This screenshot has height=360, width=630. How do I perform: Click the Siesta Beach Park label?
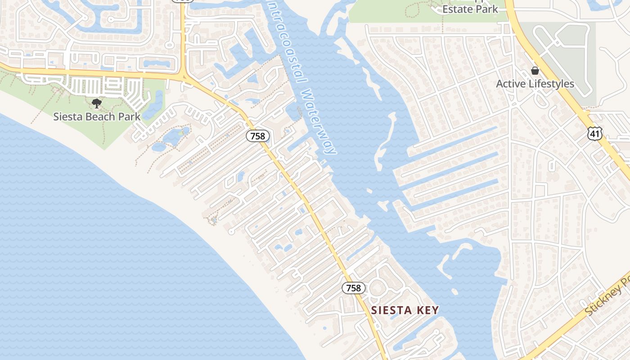(97, 117)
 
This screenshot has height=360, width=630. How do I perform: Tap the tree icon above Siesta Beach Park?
(96, 104)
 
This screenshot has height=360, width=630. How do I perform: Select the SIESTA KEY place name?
(405, 310)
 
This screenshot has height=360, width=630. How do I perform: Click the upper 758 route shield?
(257, 136)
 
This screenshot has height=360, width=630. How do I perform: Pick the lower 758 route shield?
(353, 288)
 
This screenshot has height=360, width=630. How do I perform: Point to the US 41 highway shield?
(594, 133)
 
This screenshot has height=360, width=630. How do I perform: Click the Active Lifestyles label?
(535, 84)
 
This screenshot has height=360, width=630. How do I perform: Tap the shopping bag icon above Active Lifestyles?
(535, 71)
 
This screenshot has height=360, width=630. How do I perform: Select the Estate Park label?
(470, 9)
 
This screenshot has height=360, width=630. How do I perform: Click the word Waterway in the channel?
(319, 121)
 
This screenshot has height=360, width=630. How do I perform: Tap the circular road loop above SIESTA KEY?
(377, 287)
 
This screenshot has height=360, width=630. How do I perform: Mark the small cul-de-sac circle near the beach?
(231, 232)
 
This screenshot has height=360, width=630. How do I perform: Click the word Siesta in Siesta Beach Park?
(67, 117)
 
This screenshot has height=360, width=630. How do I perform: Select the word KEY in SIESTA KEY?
(427, 310)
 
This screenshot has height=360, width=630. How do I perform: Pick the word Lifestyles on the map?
(551, 84)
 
